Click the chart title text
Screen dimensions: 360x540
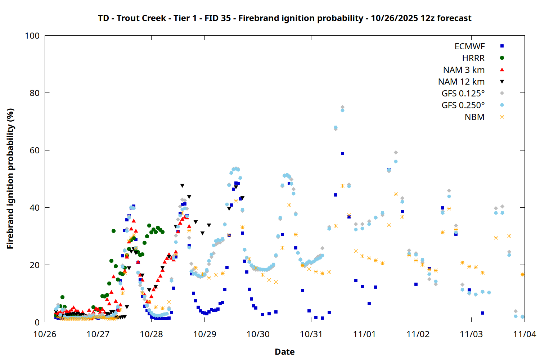[x=284, y=18]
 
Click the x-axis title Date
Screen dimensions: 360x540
[x=284, y=352]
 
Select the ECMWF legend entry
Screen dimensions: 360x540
[x=469, y=46]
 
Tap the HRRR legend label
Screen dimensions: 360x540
[x=473, y=58]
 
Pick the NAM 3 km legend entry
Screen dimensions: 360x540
[x=464, y=70]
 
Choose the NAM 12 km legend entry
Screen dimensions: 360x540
[x=461, y=82]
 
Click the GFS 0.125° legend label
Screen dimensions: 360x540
[x=463, y=94]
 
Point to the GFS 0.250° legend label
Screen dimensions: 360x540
[x=463, y=105]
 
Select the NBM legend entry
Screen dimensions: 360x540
[x=474, y=117]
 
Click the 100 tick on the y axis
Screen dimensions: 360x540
[x=32, y=36]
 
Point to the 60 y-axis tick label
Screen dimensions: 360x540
[x=35, y=150]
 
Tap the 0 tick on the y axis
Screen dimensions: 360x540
[x=37, y=322]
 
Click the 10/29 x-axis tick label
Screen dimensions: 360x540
[x=204, y=334]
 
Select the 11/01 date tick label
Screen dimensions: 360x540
[x=364, y=334]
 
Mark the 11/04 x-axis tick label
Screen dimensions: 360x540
[x=524, y=334]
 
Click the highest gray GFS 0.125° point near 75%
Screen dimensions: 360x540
[x=342, y=107]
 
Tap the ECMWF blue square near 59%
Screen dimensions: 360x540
[x=342, y=154]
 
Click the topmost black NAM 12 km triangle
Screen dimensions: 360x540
[x=182, y=186]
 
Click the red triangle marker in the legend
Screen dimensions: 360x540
[x=502, y=70]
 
